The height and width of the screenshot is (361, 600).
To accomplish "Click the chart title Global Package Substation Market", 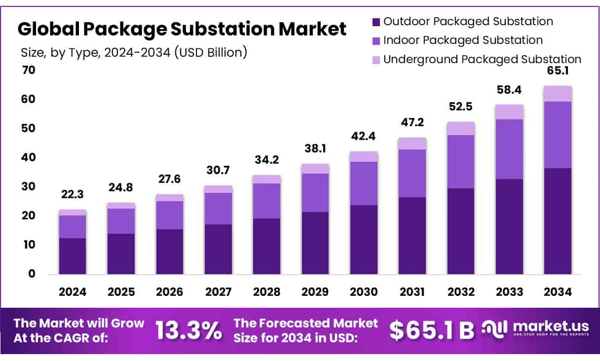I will pyautogui.click(x=182, y=30).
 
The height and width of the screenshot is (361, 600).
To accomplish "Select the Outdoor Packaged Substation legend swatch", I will pyautogui.click(x=376, y=22).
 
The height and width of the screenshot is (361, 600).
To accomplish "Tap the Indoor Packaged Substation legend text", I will pyautogui.click(x=463, y=40).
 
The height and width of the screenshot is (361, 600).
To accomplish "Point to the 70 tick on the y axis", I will pyautogui.click(x=29, y=70).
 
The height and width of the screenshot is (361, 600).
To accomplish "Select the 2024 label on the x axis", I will pyautogui.click(x=73, y=292).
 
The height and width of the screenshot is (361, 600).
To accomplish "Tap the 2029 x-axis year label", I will pyautogui.click(x=315, y=292).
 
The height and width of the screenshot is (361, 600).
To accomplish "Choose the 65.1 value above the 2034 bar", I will pyautogui.click(x=558, y=70).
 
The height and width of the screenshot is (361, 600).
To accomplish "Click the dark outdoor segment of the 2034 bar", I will pyautogui.click(x=558, y=221).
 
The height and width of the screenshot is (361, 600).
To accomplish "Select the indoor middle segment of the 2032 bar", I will pyautogui.click(x=461, y=162).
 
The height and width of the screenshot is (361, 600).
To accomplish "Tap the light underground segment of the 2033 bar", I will pyautogui.click(x=509, y=112).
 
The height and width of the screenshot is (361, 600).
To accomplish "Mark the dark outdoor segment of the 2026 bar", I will pyautogui.click(x=170, y=252).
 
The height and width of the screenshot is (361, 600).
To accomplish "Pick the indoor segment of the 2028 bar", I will pyautogui.click(x=267, y=201).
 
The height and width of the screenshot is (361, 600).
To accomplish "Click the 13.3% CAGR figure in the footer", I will pyautogui.click(x=188, y=331).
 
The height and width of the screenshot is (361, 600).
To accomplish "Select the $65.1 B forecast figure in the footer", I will pyautogui.click(x=431, y=331).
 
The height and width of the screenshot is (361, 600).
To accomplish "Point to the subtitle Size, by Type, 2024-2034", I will pyautogui.click(x=134, y=52).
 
